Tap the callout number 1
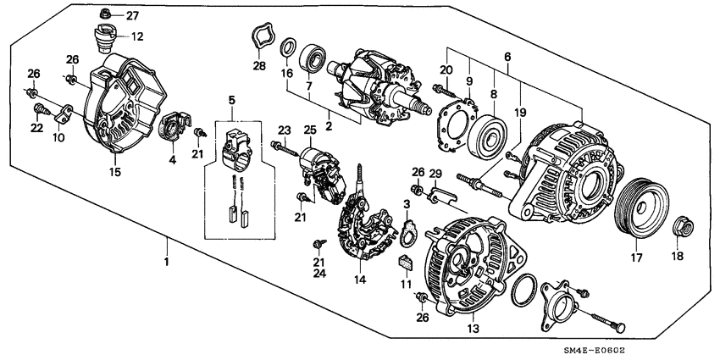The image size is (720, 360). pyautogui.click(x=167, y=262)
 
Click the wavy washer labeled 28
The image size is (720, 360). pyautogui.click(x=258, y=39)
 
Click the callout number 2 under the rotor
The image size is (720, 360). pyautogui.click(x=330, y=126)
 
